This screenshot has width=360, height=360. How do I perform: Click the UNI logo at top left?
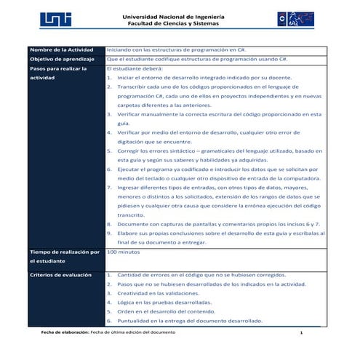pos(54,20)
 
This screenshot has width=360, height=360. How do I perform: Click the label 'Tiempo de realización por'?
pos(64,252)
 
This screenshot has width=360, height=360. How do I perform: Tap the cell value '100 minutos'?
pos(123,251)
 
